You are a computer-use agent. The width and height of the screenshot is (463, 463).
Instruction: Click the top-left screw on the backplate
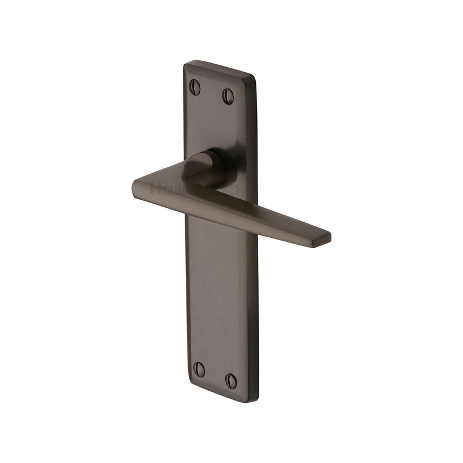click(195, 87)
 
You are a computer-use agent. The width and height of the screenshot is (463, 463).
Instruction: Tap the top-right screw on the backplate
click(228, 96)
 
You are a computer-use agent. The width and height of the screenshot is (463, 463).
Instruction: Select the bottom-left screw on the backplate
click(199, 369)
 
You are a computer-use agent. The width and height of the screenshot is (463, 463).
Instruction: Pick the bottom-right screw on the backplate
click(231, 380)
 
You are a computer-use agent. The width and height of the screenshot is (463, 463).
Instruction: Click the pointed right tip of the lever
click(329, 237)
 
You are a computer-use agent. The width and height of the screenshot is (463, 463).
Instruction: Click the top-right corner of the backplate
click(255, 76)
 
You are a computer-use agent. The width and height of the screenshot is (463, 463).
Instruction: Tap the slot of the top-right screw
click(228, 96)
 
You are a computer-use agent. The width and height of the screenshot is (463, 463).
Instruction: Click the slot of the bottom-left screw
click(199, 369)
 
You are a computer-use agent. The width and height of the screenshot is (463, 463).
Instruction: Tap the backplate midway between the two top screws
click(212, 91)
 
